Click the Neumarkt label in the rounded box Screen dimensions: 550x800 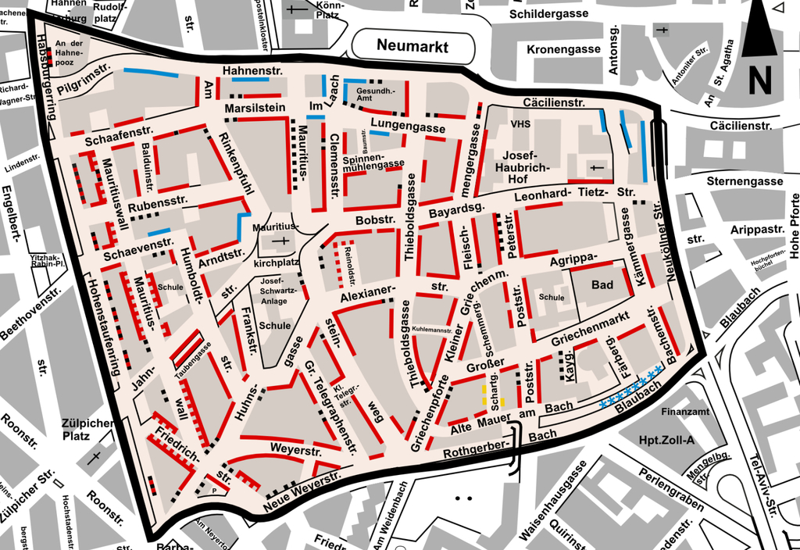click(x=412, y=46)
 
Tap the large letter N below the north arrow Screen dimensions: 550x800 click(x=759, y=78)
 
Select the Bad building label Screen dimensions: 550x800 click(x=602, y=285)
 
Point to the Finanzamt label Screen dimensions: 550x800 click(x=685, y=411)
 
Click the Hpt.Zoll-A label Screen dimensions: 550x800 click(x=666, y=441)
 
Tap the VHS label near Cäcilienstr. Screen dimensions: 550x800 click(x=520, y=124)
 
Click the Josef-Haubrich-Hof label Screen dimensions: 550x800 click(x=527, y=166)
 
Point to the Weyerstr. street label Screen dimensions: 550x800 click(x=296, y=450)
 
